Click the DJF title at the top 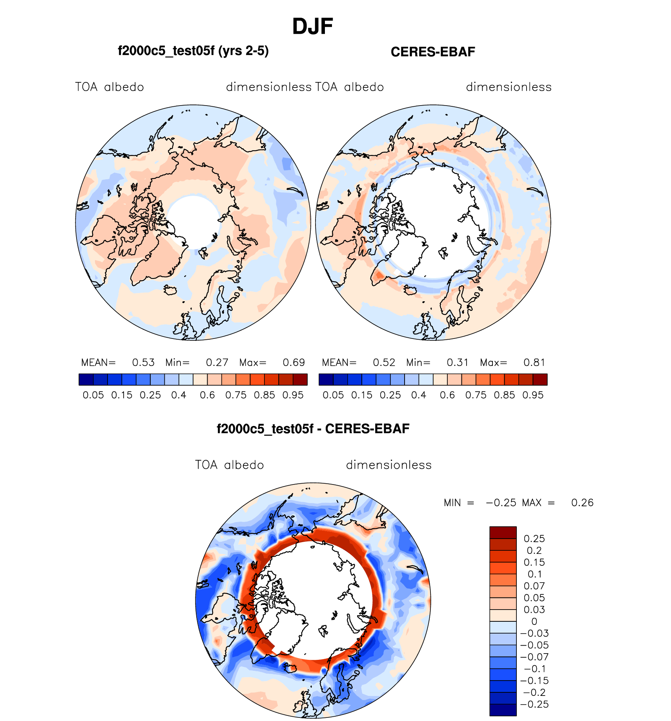[312, 27]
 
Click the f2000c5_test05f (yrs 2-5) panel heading [193, 51]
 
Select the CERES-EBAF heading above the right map [433, 52]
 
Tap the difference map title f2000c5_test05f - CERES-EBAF [313, 429]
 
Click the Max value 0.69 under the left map [294, 362]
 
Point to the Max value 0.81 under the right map [534, 362]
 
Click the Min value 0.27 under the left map [217, 362]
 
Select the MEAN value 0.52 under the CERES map [384, 362]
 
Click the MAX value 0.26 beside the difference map [582, 503]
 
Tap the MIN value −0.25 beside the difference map [501, 503]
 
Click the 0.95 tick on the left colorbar [293, 395]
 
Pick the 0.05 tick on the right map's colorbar [333, 395]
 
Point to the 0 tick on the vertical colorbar [534, 622]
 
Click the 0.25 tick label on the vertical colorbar [534, 539]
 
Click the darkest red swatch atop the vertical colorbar [503, 533]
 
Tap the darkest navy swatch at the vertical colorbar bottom [503, 710]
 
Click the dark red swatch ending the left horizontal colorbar [300, 380]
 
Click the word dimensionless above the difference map [388, 465]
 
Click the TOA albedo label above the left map [109, 87]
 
